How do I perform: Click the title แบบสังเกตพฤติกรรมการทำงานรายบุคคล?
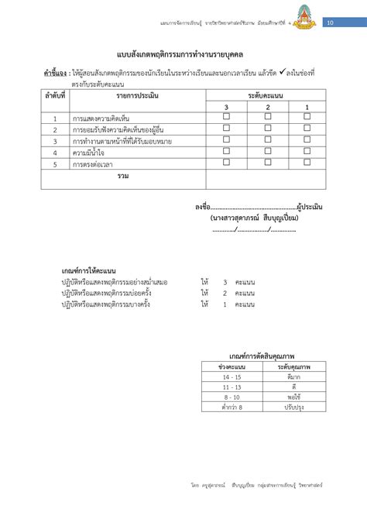point(183,54)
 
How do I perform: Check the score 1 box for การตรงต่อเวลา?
point(307,162)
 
